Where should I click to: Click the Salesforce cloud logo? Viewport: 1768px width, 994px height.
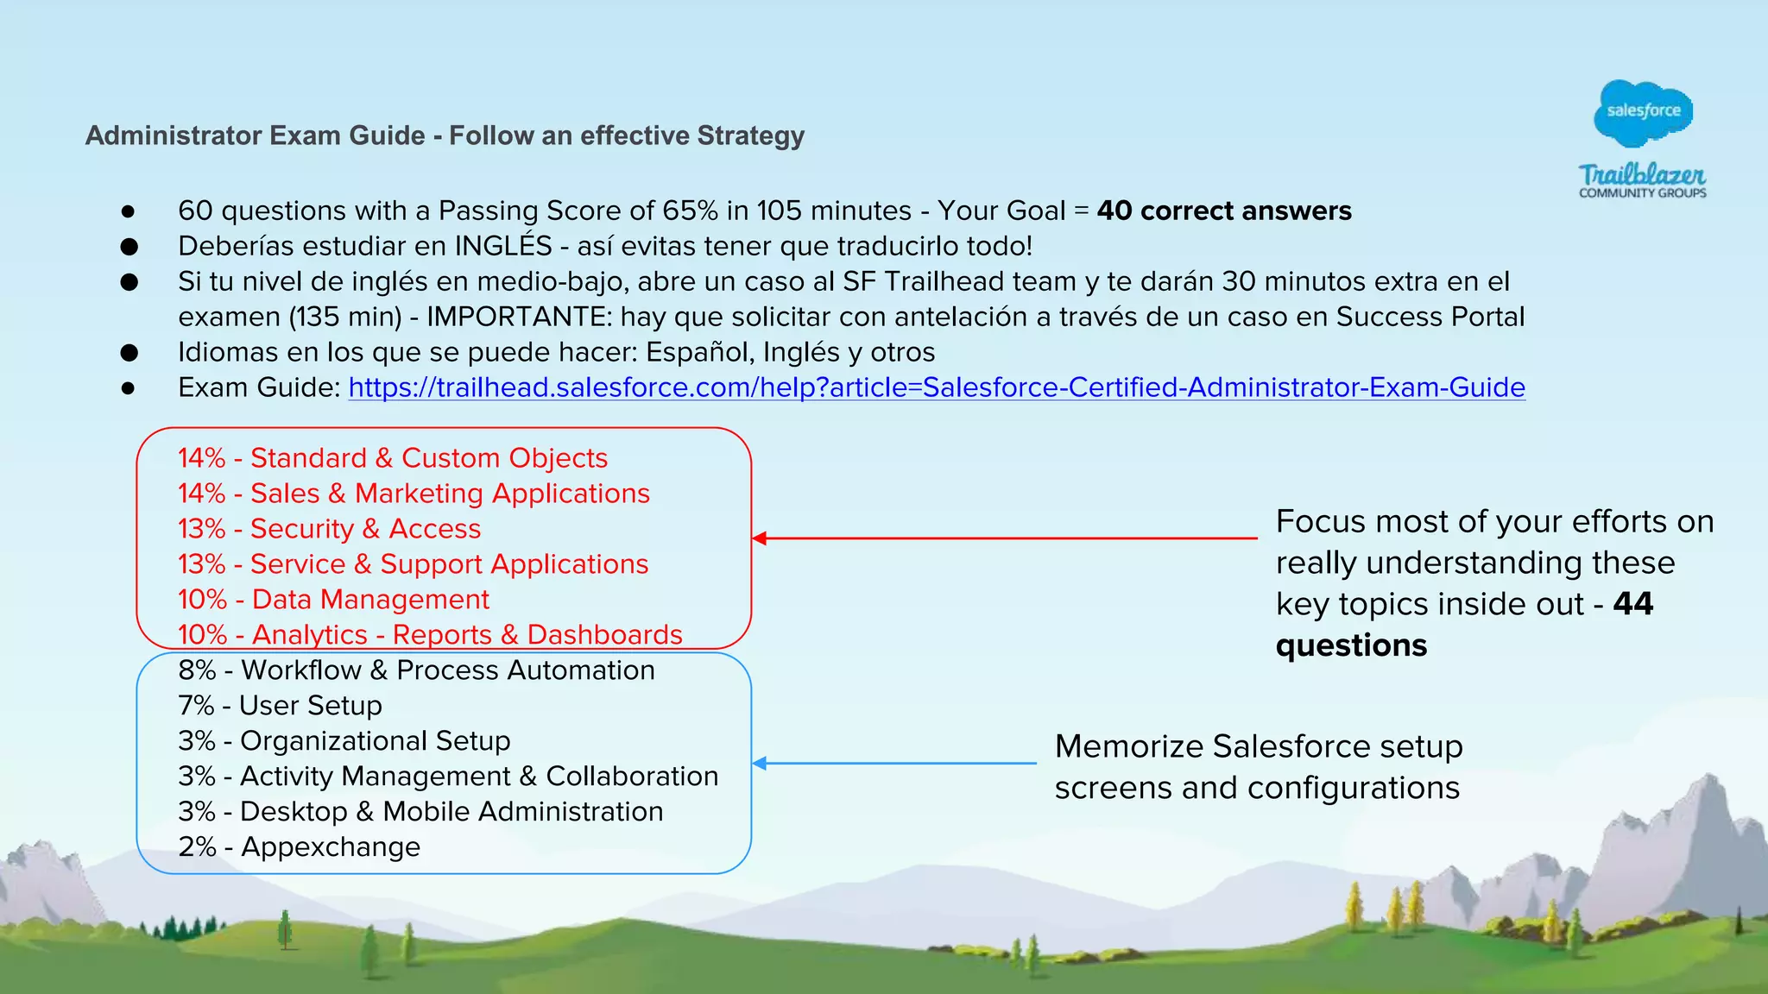(1643, 111)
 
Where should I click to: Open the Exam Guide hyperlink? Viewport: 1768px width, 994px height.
(937, 387)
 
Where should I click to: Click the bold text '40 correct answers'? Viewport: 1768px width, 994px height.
(1224, 211)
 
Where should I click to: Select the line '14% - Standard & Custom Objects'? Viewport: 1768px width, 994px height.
(393, 458)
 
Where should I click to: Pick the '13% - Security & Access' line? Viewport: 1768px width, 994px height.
(329, 529)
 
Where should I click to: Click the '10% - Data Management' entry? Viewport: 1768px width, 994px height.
(333, 600)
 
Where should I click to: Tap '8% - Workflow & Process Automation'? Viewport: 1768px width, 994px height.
(416, 670)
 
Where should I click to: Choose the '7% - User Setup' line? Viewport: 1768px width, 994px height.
(280, 706)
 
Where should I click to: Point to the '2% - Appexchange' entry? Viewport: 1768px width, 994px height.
(299, 847)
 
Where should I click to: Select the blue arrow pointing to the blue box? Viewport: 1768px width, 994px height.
(893, 764)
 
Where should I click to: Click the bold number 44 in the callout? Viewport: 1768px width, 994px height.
(1632, 604)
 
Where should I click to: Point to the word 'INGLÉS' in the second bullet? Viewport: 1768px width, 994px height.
(503, 246)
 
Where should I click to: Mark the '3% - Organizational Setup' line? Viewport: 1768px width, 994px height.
(344, 741)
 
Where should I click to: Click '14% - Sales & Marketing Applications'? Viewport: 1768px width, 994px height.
(414, 494)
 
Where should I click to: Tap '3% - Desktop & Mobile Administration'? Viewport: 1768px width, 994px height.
(420, 812)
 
